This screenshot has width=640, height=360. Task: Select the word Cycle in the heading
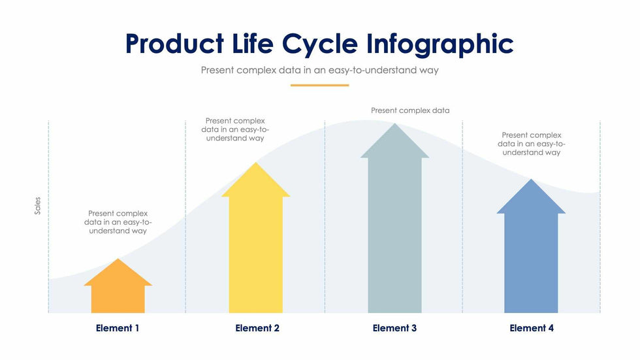pos(320,44)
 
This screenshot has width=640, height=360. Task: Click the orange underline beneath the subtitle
pos(319,85)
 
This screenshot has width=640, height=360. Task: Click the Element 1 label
pos(118,328)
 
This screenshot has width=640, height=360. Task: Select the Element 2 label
pos(257,328)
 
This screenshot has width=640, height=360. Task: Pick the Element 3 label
pos(394,328)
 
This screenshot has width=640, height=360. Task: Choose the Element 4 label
pos(532,328)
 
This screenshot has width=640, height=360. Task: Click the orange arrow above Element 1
pos(118,291)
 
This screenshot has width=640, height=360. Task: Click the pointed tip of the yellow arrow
pos(255,165)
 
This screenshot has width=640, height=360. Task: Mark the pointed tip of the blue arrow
pos(531,181)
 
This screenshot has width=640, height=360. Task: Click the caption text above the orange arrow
pos(118,222)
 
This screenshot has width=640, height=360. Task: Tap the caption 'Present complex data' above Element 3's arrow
pos(410,110)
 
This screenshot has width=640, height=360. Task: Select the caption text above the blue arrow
pos(531,144)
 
